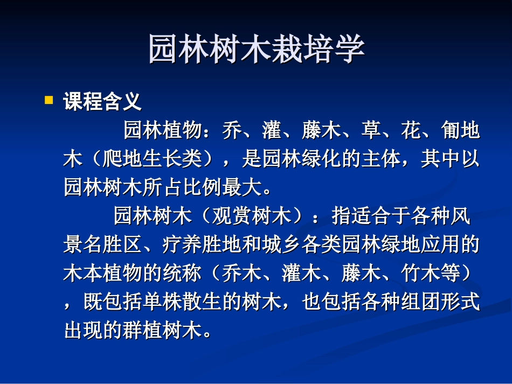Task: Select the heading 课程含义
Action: coord(102,101)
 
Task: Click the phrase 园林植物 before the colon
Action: coord(163,130)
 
